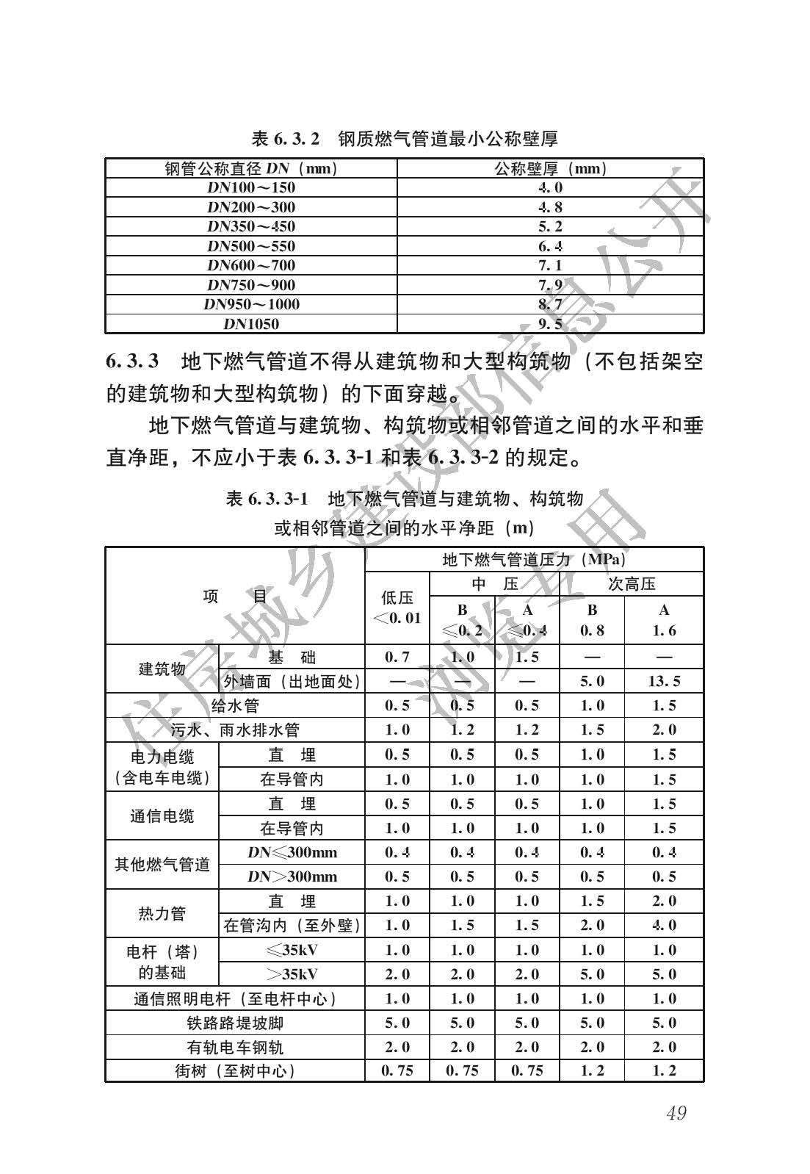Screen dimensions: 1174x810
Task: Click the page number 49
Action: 676,1113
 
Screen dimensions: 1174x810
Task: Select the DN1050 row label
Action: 251,324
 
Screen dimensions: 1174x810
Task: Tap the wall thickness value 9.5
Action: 550,324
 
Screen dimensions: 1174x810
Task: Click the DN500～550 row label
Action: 251,246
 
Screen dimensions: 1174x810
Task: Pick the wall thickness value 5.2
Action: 550,226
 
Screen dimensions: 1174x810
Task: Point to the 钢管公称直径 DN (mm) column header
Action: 251,169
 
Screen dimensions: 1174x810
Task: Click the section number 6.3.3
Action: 133,361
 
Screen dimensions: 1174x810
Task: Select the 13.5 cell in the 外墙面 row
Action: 664,682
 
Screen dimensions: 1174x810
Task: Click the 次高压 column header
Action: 632,584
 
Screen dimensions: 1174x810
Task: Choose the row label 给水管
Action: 235,706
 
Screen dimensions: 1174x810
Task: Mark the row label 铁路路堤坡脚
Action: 235,1023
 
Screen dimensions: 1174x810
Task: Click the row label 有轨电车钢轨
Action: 235,1047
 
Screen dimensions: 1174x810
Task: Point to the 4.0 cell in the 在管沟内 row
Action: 664,926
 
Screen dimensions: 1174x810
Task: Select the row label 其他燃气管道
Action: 162,865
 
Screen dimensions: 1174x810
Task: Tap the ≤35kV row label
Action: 292,950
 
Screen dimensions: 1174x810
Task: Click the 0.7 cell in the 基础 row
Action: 397,657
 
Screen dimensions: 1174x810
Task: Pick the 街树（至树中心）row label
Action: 235,1071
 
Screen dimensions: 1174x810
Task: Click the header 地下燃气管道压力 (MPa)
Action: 534,560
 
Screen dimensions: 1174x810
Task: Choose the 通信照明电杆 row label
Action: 235,998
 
